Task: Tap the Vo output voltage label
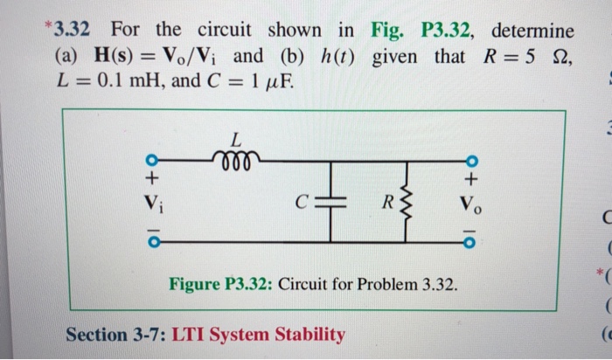[x=473, y=209]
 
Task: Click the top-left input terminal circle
[x=152, y=162]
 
